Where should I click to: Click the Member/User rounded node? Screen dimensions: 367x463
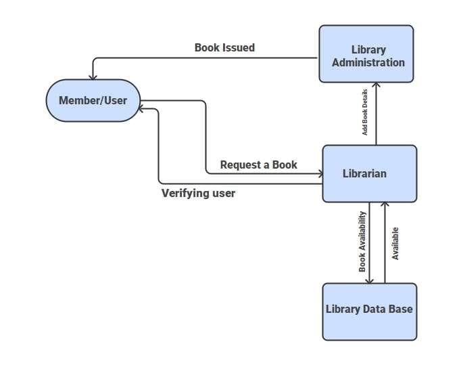pos(93,101)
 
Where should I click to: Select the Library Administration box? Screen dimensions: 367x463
pos(366,54)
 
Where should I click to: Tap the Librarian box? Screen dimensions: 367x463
pos(369,173)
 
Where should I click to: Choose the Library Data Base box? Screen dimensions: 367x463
pos(369,310)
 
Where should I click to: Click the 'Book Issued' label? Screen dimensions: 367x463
pos(224,47)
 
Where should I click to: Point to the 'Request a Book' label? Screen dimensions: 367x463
pos(258,165)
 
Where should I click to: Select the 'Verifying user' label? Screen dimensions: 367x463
pos(198,193)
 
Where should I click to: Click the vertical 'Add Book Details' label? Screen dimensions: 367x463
pos(365,112)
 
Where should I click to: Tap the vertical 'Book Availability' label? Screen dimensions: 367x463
pos(362,242)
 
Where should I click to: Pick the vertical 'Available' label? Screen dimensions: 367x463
pos(395,243)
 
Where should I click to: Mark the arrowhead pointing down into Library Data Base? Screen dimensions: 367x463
pos(370,279)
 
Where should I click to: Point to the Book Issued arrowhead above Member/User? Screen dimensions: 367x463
pos(93,75)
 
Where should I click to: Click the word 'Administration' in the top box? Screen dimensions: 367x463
pos(369,62)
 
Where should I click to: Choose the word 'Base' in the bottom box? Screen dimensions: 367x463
pos(399,309)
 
